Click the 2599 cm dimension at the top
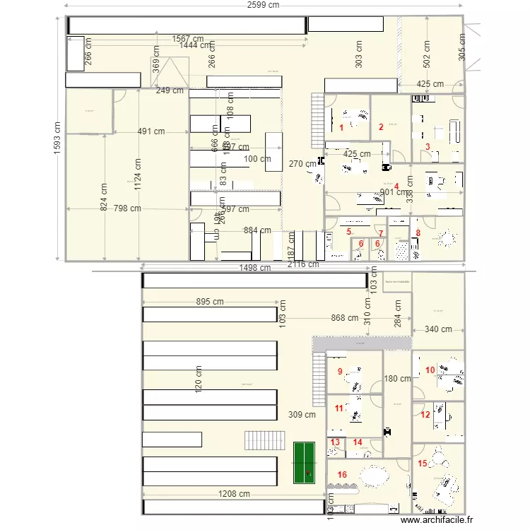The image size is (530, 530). tap(263, 5)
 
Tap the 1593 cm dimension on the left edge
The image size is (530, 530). tap(57, 139)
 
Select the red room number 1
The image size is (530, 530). tap(341, 128)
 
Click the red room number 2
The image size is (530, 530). tap(381, 127)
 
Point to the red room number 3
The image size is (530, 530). tap(427, 147)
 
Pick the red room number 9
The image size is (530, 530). tap(340, 372)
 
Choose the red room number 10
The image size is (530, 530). tap(430, 370)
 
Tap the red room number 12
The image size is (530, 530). tap(425, 415)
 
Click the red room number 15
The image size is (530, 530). tap(423, 464)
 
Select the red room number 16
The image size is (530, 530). tap(343, 474)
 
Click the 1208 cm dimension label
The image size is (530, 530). tap(234, 494)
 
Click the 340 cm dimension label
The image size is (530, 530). tap(439, 329)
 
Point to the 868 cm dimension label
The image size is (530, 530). tap(344, 318)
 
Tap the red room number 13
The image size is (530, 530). tap(335, 442)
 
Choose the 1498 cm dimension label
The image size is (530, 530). tap(255, 268)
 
